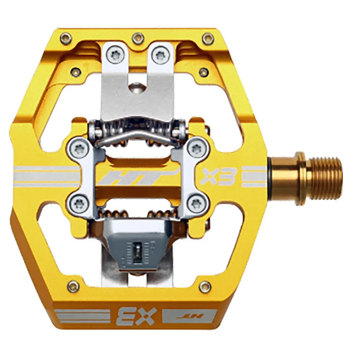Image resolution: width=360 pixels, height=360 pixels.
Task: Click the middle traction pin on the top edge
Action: (137, 36)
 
